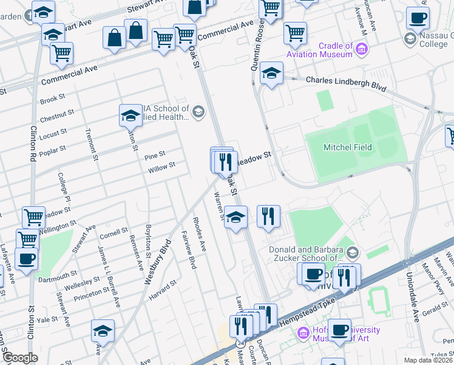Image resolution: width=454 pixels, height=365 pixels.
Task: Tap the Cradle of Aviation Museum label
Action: (328, 50)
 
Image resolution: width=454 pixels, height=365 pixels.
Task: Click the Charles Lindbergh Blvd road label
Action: (346, 84)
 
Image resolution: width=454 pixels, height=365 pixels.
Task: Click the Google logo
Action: (19, 358)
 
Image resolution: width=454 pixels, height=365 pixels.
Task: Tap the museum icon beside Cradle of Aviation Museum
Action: (362, 49)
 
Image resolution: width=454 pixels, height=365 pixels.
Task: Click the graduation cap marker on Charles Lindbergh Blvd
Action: (271, 75)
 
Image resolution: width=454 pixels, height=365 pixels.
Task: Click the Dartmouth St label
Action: (56, 276)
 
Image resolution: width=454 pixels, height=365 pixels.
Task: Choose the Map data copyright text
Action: (429, 360)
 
